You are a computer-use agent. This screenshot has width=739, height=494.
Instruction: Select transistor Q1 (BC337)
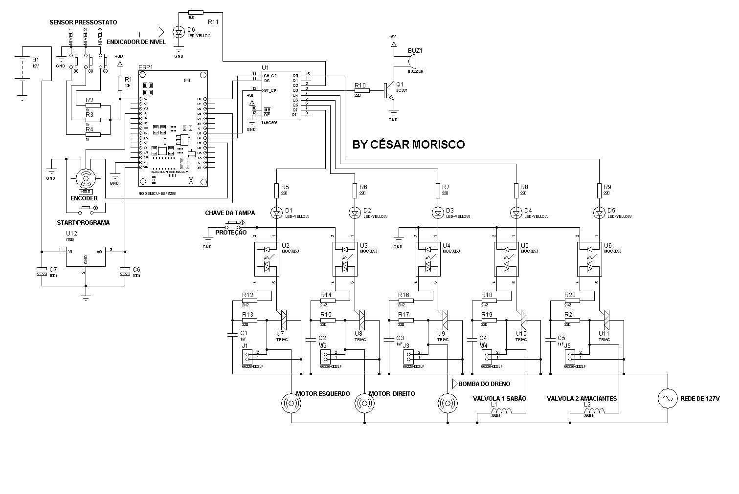click(387, 90)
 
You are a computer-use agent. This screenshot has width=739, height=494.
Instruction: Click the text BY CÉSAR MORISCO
click(408, 145)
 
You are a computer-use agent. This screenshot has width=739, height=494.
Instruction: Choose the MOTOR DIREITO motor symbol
click(364, 403)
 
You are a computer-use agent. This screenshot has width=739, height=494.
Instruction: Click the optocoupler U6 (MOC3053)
click(589, 258)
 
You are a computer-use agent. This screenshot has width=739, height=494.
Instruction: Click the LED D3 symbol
click(438, 213)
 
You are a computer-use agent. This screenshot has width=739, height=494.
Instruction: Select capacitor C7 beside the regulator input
click(41, 271)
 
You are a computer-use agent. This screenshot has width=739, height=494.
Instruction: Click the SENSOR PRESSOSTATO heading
click(83, 22)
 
